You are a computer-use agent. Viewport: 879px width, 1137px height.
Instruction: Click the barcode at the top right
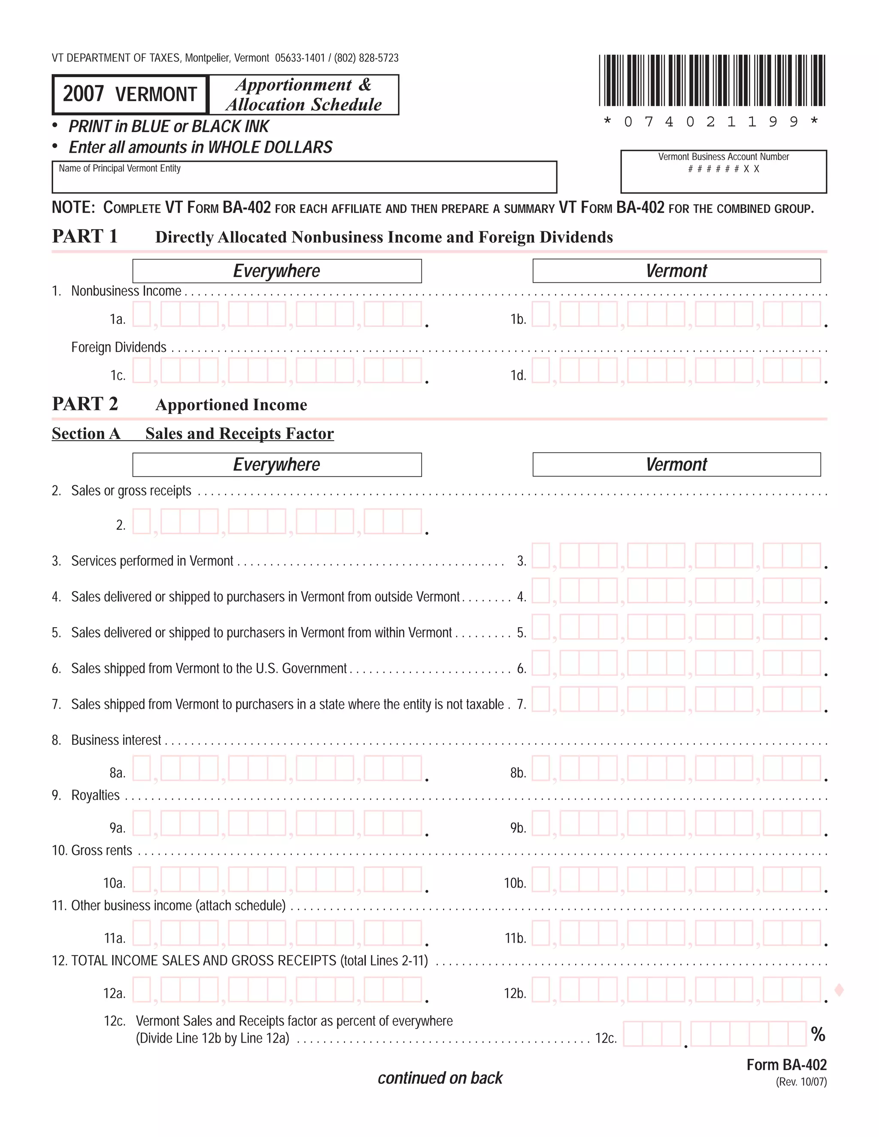712,81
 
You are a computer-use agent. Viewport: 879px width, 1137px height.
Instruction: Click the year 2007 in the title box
83,94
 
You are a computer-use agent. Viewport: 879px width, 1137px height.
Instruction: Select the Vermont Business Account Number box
723,172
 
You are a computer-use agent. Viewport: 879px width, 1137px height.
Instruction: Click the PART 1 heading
85,236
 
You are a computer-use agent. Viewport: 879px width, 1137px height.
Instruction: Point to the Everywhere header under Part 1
276,271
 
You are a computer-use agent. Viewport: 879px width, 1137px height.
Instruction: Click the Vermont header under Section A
676,464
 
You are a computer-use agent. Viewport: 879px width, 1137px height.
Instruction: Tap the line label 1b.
518,319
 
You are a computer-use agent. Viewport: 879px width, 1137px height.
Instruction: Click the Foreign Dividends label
119,347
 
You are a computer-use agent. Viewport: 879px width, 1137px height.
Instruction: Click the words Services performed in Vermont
152,561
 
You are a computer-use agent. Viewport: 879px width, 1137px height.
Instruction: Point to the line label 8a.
117,773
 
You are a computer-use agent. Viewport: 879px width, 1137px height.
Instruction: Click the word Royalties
95,795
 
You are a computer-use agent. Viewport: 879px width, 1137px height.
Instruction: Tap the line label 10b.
515,883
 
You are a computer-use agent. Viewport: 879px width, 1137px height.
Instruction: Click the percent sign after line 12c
818,1034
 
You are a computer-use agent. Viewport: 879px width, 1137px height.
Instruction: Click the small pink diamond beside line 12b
839,990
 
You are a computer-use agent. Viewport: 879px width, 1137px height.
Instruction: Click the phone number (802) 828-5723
366,58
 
